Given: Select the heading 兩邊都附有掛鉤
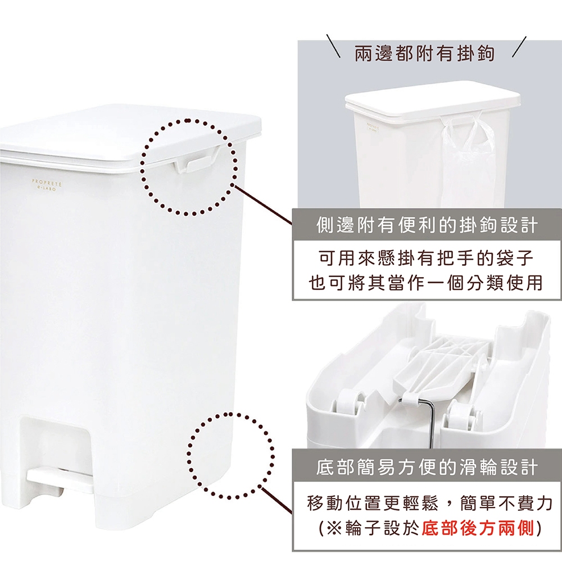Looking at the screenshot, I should click(x=425, y=54).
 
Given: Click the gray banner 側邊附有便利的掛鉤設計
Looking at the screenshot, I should click(x=427, y=226).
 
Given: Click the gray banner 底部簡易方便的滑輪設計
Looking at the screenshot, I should click(x=427, y=467).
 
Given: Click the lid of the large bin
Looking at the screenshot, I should click(x=129, y=135).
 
